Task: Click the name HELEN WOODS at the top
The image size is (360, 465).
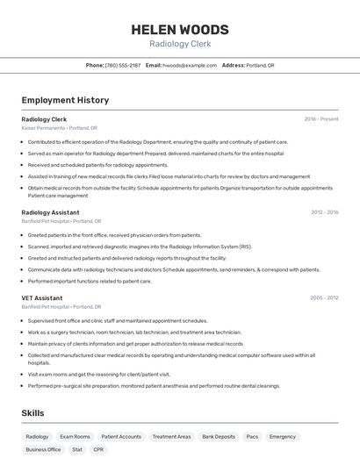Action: pyautogui.click(x=180, y=29)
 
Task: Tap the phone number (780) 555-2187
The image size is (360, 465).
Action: pyautogui.click(x=122, y=65)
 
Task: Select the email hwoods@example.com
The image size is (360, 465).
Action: pyautogui.click(x=190, y=65)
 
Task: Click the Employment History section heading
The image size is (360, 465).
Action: pyautogui.click(x=65, y=100)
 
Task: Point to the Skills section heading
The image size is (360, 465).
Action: pyautogui.click(x=33, y=412)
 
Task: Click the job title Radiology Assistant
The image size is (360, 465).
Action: pyautogui.click(x=50, y=212)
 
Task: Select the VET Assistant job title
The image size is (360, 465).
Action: pyautogui.click(x=42, y=298)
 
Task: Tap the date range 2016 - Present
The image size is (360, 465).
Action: pyautogui.click(x=321, y=118)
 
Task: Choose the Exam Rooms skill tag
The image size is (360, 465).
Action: pyautogui.click(x=75, y=436)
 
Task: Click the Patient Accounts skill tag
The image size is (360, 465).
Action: pyautogui.click(x=121, y=436)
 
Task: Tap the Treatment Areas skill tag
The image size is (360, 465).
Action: pyautogui.click(x=171, y=436)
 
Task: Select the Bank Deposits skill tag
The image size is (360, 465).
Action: pyautogui.click(x=219, y=436)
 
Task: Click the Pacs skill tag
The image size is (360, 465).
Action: pyautogui.click(x=252, y=436)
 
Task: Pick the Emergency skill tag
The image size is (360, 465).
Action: pyautogui.click(x=283, y=436)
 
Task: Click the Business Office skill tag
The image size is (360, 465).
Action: pyautogui.click(x=43, y=449)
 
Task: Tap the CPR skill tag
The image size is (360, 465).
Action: pyautogui.click(x=98, y=449)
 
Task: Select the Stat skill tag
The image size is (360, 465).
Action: pyautogui.click(x=77, y=449)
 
